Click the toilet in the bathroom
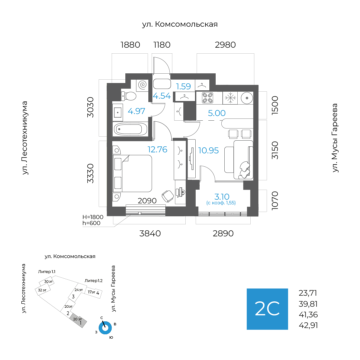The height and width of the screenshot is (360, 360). pyautogui.click(x=129, y=96)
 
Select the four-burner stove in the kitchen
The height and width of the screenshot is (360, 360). pyautogui.click(x=208, y=98)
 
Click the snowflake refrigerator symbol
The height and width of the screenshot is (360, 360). pyautogui.click(x=230, y=98)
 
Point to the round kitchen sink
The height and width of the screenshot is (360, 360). pyautogui.click(x=247, y=98)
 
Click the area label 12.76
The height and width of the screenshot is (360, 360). pyautogui.click(x=157, y=149)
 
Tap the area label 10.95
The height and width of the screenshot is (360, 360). pyautogui.click(x=208, y=150)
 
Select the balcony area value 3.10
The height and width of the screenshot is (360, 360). pyautogui.click(x=222, y=197)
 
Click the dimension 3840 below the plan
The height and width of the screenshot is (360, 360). pyautogui.click(x=150, y=233)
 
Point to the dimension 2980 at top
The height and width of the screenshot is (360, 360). pyautogui.click(x=225, y=45)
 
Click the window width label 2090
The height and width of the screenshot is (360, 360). pyautogui.click(x=147, y=201)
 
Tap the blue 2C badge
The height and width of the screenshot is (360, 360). pyautogui.click(x=267, y=309)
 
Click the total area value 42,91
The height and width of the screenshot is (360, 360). pyautogui.click(x=308, y=325)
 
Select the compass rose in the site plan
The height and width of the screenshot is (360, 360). pyautogui.click(x=105, y=328)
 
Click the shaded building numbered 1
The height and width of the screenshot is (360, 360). pyautogui.click(x=78, y=320)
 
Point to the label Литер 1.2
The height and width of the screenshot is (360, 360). pyautogui.click(x=93, y=281)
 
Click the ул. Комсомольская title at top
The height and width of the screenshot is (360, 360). pyautogui.click(x=180, y=24)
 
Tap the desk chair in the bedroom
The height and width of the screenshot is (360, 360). pyautogui.click(x=168, y=196)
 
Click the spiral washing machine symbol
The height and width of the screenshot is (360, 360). pyautogui.click(x=143, y=85)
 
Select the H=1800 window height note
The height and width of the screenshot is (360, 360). pyautogui.click(x=93, y=217)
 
